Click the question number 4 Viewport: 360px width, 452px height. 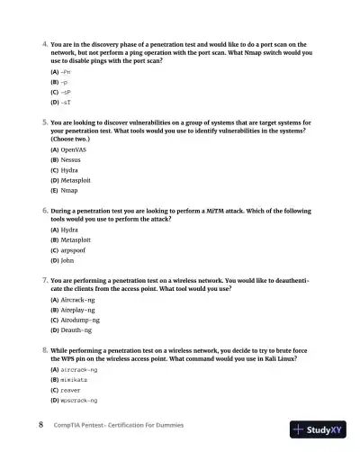pyautogui.click(x=45, y=43)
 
